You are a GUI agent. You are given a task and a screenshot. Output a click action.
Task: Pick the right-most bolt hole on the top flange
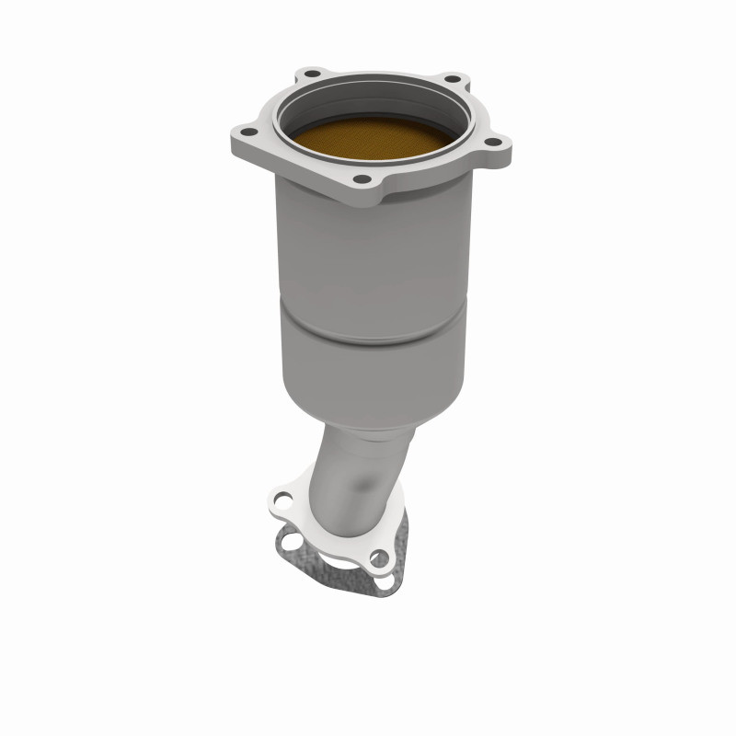click(x=492, y=141)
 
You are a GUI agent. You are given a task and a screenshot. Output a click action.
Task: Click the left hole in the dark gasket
click(x=293, y=540)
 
